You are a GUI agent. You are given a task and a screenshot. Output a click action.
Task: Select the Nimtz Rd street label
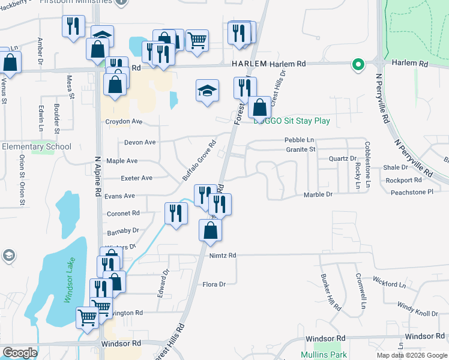(x=223, y=256)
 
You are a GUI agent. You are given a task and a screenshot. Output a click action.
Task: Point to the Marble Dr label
(x=318, y=194)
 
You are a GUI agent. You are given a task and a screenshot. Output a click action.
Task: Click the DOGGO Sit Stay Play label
(x=292, y=121)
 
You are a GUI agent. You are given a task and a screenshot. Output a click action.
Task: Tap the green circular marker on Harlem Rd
(x=358, y=64)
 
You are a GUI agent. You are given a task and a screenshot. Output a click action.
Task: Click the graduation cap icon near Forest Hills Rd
(x=207, y=91)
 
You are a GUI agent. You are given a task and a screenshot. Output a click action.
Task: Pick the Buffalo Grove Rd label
(x=199, y=161)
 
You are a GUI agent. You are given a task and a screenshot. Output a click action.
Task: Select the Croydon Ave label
(x=124, y=121)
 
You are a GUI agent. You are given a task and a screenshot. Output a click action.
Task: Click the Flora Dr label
(x=214, y=284)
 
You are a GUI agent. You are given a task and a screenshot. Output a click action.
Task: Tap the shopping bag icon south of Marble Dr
(x=210, y=230)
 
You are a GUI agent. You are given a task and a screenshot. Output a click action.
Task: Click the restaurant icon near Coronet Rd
(x=176, y=214)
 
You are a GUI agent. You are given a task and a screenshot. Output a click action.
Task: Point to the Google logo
(x=20, y=353)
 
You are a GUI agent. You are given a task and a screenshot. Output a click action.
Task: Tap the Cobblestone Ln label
(x=366, y=162)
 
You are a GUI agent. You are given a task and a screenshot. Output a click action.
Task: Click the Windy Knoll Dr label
(x=418, y=310)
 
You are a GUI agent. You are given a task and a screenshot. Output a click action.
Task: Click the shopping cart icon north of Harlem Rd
(x=197, y=41)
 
